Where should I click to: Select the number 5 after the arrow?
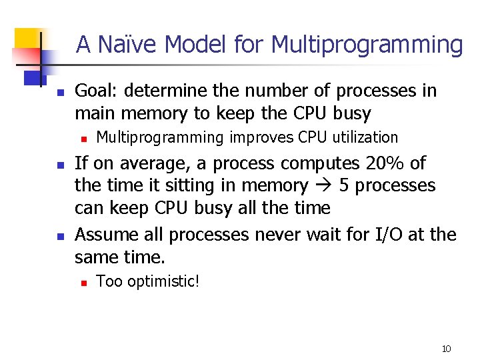(x=345, y=186)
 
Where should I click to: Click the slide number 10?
(x=446, y=349)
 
